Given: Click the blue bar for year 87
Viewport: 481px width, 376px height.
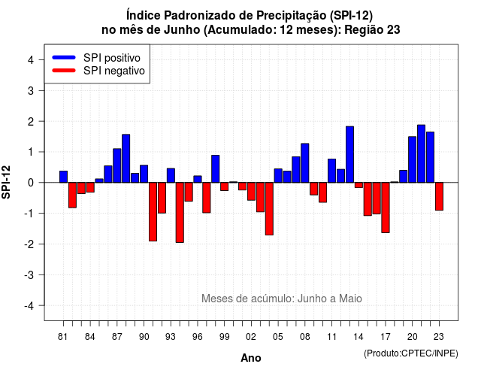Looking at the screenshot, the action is (x=117, y=165).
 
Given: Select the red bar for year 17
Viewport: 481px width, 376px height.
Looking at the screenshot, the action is (x=386, y=208).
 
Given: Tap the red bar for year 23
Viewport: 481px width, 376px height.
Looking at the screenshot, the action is (x=439, y=196).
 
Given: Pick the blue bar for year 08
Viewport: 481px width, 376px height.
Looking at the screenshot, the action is (x=305, y=163).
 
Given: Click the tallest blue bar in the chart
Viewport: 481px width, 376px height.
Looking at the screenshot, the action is (x=421, y=153).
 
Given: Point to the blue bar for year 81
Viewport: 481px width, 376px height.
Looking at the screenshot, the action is (x=63, y=177).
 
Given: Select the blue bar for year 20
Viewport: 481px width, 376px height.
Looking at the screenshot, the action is (x=413, y=159).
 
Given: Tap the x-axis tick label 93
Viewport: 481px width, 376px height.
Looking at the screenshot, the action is (x=171, y=337).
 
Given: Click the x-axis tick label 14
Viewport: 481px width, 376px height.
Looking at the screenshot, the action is (x=358, y=337).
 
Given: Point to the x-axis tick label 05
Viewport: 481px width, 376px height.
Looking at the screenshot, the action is (x=277, y=337).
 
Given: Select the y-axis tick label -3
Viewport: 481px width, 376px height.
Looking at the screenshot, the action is (x=29, y=275).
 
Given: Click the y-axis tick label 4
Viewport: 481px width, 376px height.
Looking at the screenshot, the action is (x=31, y=60).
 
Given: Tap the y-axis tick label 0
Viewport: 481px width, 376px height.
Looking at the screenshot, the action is (x=31, y=183).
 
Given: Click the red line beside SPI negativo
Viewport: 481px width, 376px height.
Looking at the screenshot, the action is (x=64, y=70).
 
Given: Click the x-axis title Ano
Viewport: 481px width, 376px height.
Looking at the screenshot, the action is (x=251, y=358).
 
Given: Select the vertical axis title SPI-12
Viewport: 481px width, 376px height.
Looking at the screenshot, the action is (x=6, y=182).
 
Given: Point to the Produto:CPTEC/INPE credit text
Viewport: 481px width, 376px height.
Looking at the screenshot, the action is (x=411, y=353).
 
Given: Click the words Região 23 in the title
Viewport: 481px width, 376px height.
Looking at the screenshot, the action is (x=372, y=30).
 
